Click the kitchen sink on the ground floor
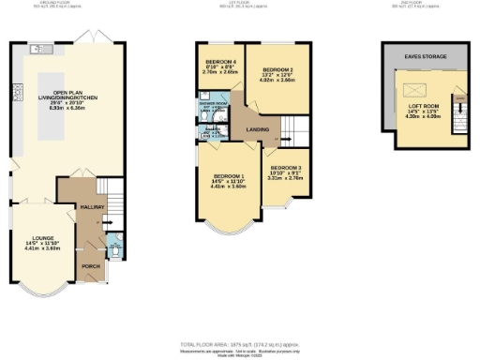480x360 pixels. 39,48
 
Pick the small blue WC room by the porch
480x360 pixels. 113,249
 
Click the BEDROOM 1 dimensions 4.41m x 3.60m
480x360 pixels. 229,186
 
